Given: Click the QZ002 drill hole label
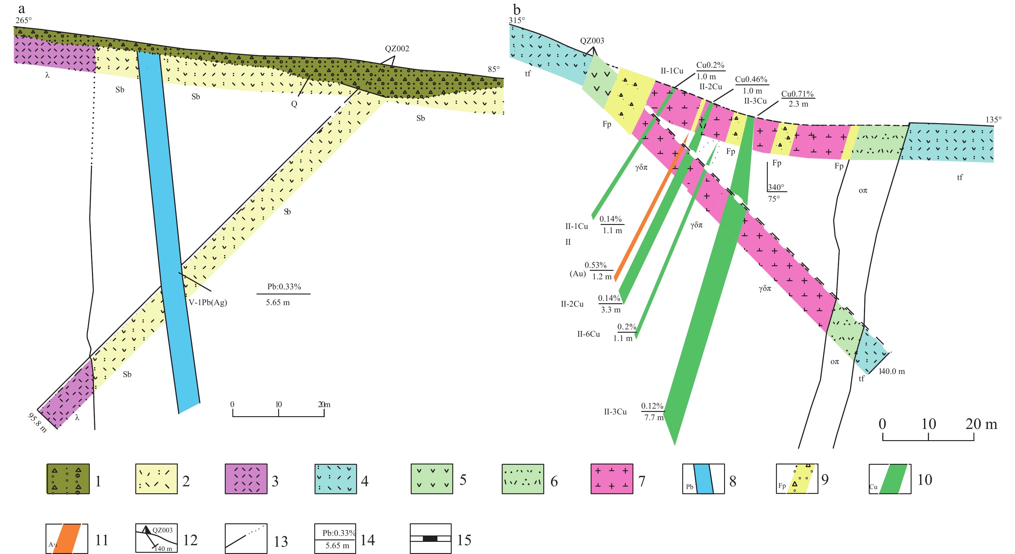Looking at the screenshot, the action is pos(397,49).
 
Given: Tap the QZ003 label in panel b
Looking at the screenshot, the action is pos(592,41).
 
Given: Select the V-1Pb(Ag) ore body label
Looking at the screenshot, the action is pos(208,302).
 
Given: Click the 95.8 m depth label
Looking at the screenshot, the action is pos(37,422).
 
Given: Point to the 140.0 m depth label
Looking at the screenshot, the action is pos(892,372).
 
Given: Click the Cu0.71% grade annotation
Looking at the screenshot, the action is pos(797,94).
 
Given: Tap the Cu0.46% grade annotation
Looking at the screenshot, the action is pos(751,79).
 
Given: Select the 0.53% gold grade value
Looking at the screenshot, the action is pos(595,265).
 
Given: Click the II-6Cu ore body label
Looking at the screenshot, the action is pos(588,334).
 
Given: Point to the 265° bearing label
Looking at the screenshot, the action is pos(24,20).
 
